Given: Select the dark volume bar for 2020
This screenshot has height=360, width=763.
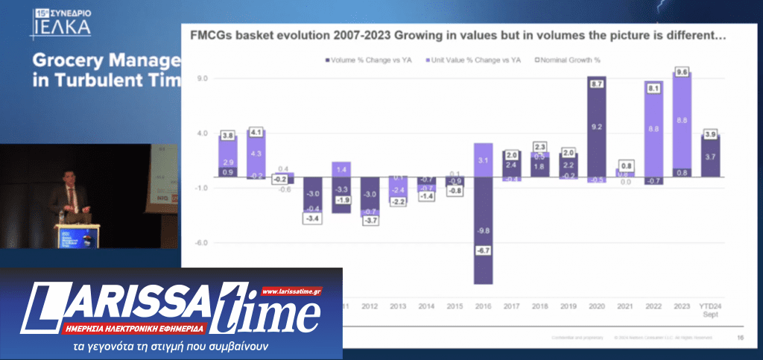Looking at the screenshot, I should pyautogui.click(x=597, y=127).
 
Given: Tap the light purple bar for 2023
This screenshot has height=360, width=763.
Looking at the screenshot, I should pyautogui.click(x=681, y=119).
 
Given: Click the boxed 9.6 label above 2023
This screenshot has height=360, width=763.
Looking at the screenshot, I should pyautogui.click(x=681, y=72).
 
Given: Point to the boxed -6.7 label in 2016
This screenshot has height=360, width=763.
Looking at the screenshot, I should pyautogui.click(x=483, y=250).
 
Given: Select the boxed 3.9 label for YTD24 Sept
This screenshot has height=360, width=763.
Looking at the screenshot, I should pyautogui.click(x=709, y=134).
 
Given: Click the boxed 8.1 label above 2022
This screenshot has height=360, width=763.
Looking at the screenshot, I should pyautogui.click(x=653, y=88).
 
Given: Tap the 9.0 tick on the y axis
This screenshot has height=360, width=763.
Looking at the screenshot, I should pyautogui.click(x=201, y=78).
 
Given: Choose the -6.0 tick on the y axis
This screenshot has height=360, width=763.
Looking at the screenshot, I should pyautogui.click(x=201, y=242).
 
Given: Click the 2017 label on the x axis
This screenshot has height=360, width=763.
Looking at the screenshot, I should pyautogui.click(x=511, y=306).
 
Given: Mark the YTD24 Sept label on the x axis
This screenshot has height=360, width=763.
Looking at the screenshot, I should pyautogui.click(x=709, y=309).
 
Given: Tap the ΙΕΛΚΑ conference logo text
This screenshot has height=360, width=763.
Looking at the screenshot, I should pyautogui.click(x=61, y=28).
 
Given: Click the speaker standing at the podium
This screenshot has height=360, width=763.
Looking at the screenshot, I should pyautogui.click(x=72, y=198).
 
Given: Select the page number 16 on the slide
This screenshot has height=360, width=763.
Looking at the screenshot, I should pyautogui.click(x=740, y=338).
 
